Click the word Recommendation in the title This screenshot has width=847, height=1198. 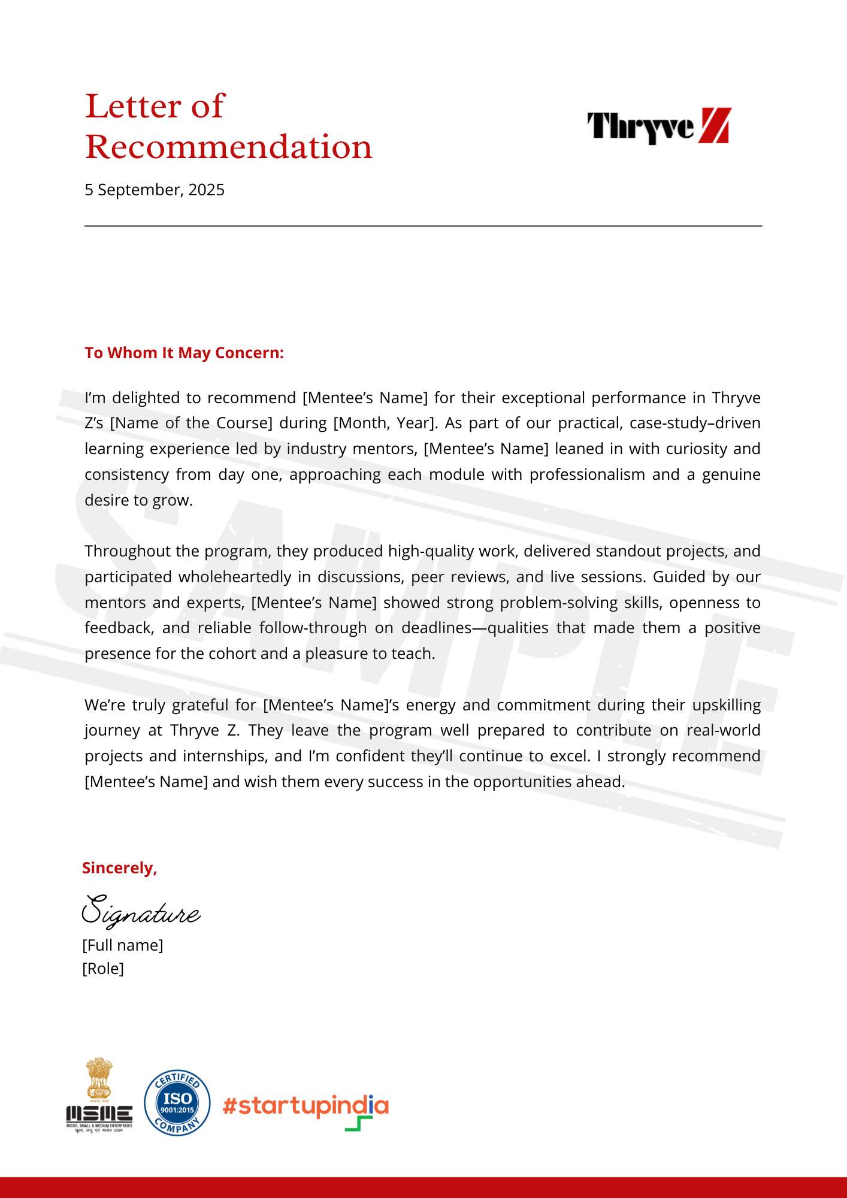[228, 147]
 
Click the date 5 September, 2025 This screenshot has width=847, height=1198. [155, 190]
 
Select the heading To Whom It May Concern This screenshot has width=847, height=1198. [184, 353]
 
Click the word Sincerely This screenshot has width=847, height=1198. [119, 868]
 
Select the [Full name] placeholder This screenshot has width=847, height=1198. [123, 945]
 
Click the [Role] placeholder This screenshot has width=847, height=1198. [103, 969]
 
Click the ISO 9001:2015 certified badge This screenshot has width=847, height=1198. [177, 1103]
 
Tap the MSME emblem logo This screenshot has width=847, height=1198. [99, 1096]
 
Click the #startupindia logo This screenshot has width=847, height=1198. [305, 1107]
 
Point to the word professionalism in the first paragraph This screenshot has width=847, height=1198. [588, 475]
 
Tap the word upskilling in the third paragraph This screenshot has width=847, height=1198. [726, 705]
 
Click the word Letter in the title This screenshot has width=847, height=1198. [132, 107]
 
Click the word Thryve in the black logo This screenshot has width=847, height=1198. [640, 126]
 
